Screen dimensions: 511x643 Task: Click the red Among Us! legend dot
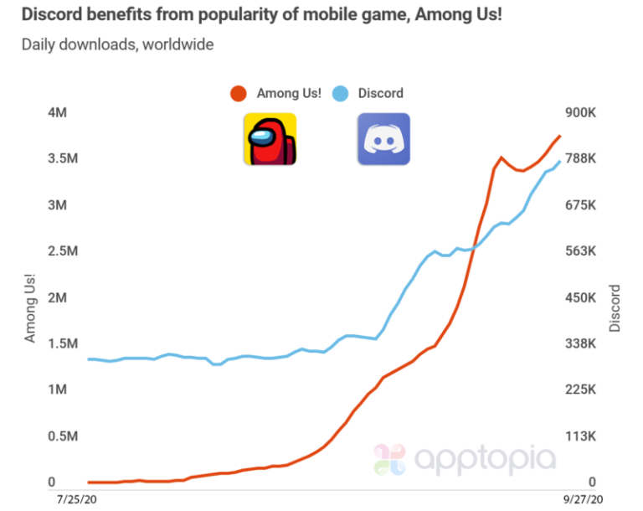click(239, 93)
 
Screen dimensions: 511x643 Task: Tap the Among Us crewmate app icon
click(270, 138)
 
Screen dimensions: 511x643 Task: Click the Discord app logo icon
click(383, 138)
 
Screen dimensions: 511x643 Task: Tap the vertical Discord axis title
click(615, 307)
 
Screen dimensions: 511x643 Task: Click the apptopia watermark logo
click(465, 459)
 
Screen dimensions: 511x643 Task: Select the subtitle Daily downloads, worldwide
click(118, 44)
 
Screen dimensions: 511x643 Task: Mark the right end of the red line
click(560, 136)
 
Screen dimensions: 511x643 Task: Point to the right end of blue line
click(560, 161)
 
